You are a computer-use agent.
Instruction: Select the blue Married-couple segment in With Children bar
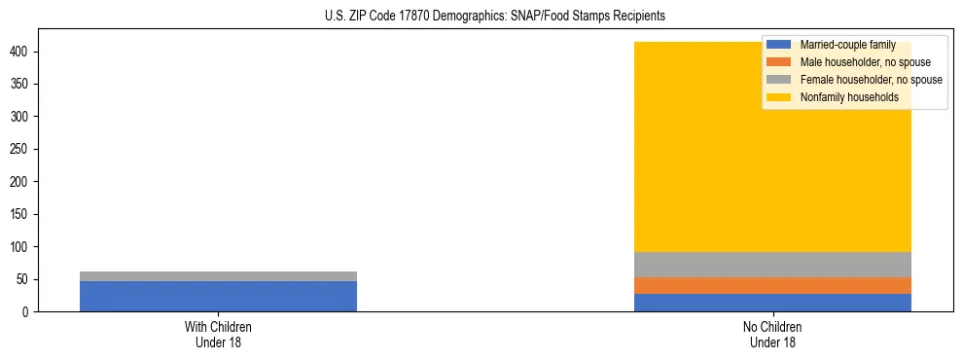tap(218, 296)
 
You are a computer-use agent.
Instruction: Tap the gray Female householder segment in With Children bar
tap(218, 276)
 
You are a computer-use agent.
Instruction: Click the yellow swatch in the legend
tap(779, 97)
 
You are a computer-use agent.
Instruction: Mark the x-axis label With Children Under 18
tap(218, 334)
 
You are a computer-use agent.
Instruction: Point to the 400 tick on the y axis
tap(26, 52)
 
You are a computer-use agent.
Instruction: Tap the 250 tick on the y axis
tap(26, 149)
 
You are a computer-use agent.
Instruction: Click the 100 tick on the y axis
tap(26, 247)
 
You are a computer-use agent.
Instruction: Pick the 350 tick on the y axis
tap(26, 84)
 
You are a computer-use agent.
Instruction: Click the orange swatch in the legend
tap(779, 62)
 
